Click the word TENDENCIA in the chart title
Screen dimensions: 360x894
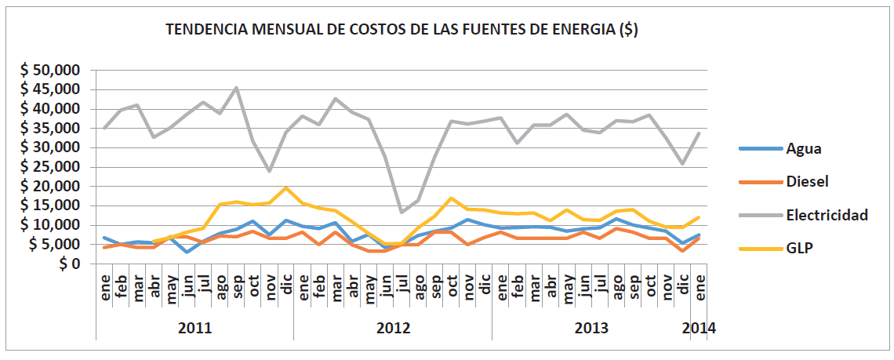[x=205, y=31]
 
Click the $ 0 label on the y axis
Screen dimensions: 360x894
[x=67, y=264]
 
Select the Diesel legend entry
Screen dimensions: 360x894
[x=807, y=181]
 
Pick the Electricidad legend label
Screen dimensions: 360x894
[x=827, y=214]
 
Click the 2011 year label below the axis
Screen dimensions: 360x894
[x=194, y=328]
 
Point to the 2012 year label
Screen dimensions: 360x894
[x=393, y=328]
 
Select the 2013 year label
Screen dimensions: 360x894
[x=591, y=328]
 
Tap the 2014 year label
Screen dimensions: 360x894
[x=699, y=328]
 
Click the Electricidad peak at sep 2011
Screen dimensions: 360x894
[x=237, y=88]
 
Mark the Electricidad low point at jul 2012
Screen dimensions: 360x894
[x=402, y=213]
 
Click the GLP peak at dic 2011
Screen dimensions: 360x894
[x=286, y=187]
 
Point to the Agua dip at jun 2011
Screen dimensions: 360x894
[x=187, y=252]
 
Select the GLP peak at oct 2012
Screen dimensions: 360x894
[x=452, y=198]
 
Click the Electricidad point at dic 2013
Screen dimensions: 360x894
[x=683, y=164]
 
